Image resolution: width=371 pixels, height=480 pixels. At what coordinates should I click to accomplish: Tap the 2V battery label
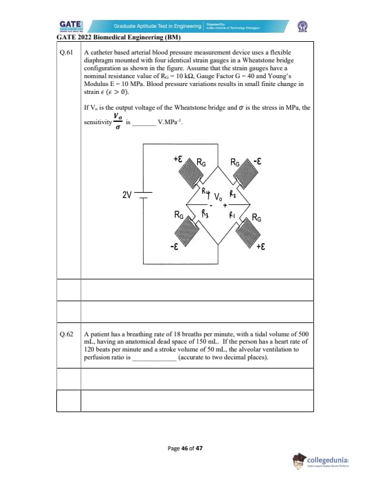click(127, 195)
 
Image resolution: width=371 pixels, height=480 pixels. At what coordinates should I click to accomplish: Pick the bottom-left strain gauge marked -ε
click(187, 232)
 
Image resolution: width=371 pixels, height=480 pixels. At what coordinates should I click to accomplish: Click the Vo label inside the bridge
click(218, 198)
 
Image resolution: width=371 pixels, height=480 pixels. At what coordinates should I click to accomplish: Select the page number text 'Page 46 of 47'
click(185, 448)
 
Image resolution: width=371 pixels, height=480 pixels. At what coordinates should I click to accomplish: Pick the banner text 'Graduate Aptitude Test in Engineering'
click(158, 26)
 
